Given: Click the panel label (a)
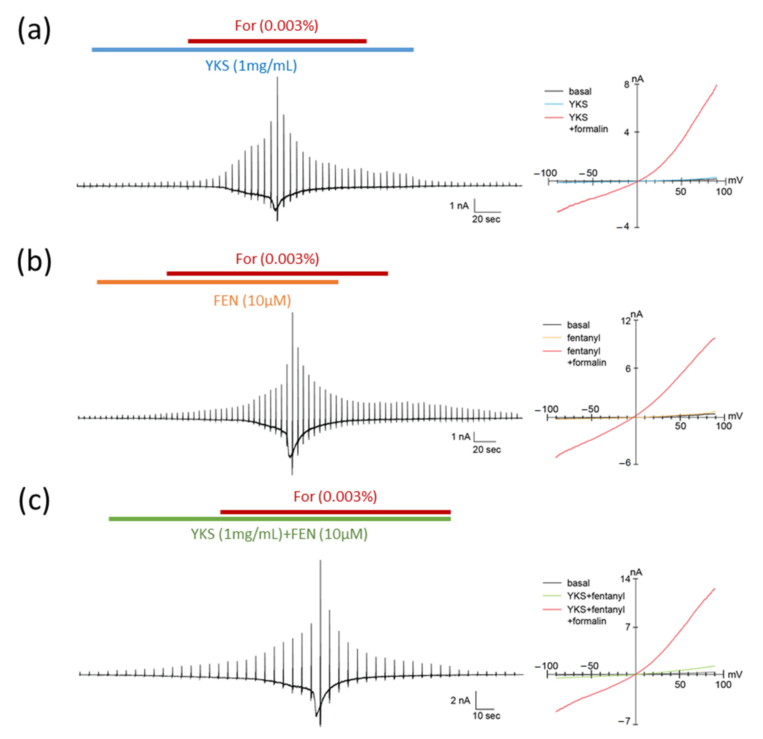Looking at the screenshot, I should [x=34, y=30].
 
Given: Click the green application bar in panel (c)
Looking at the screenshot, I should [x=280, y=519].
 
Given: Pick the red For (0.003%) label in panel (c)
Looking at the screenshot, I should [x=335, y=496].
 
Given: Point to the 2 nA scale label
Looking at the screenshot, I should [x=460, y=700].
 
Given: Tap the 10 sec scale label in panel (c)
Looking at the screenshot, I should [x=486, y=715].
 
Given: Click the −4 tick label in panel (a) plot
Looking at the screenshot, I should [x=623, y=227].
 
